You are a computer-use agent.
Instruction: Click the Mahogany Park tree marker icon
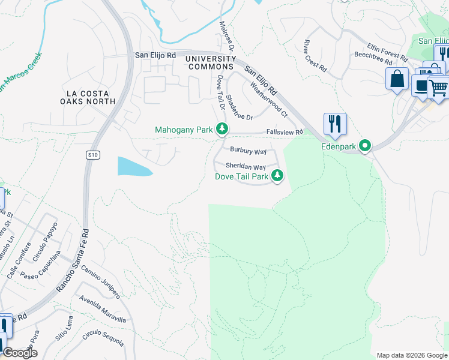(222, 129)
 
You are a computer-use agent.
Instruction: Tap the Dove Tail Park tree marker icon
(277, 176)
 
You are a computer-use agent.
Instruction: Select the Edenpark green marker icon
(364, 146)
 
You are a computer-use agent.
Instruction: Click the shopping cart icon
(438, 88)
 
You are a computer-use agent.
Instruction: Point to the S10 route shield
(92, 155)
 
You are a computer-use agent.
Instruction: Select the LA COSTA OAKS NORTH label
(91, 97)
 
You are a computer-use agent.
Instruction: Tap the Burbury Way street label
(248, 151)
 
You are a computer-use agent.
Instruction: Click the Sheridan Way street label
(246, 167)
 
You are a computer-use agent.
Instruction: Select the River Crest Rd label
(315, 56)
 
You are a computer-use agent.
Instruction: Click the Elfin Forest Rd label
(388, 50)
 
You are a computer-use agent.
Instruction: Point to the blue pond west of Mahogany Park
(134, 166)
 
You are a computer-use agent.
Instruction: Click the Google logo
(20, 353)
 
